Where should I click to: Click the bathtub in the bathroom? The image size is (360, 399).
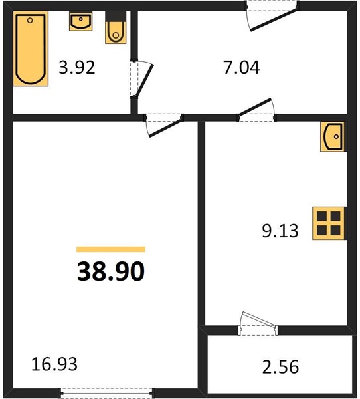[31, 49]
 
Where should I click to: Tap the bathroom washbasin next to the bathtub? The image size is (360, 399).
[80, 21]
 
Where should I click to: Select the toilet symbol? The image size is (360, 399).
[116, 27]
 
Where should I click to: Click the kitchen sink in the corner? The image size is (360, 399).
[333, 136]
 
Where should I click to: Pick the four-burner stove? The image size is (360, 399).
[329, 223]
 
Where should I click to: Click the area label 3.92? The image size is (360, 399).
[77, 67]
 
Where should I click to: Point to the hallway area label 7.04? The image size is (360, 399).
[242, 67]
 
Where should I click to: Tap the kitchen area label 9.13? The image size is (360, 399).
[280, 231]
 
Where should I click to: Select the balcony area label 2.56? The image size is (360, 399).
[280, 366]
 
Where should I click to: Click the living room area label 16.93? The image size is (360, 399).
[54, 364]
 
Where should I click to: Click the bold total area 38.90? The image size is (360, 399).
[111, 271]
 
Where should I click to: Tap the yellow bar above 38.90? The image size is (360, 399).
[111, 249]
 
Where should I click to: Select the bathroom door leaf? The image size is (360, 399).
[145, 80]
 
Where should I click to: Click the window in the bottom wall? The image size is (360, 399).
[107, 393]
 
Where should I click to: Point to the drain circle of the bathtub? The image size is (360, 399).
[30, 20]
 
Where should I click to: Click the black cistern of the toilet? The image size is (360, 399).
[116, 16]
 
